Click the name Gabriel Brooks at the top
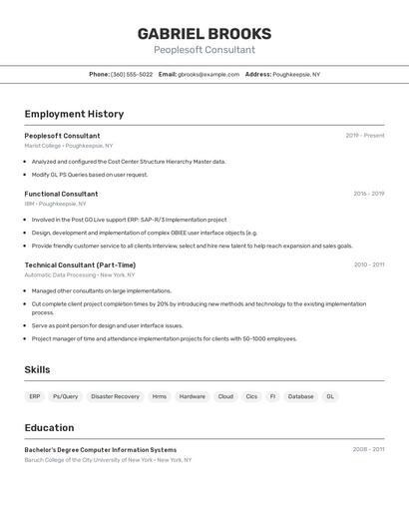click(x=204, y=34)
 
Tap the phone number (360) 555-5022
click(x=132, y=74)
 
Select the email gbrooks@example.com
click(x=208, y=74)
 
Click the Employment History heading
click(x=74, y=114)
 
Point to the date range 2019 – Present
click(x=364, y=136)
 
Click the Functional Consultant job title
click(x=61, y=194)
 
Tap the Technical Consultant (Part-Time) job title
click(x=80, y=264)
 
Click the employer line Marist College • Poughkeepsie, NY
click(x=69, y=146)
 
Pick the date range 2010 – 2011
click(x=368, y=264)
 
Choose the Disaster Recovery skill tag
click(x=115, y=396)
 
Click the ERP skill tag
click(x=35, y=396)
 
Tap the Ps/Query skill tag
click(x=65, y=396)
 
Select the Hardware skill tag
click(x=192, y=396)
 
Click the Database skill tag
click(x=300, y=396)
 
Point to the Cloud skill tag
click(x=225, y=396)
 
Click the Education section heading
click(x=49, y=427)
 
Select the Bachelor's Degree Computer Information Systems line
click(x=100, y=449)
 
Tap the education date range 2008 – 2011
click(x=368, y=449)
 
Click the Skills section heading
click(x=37, y=369)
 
